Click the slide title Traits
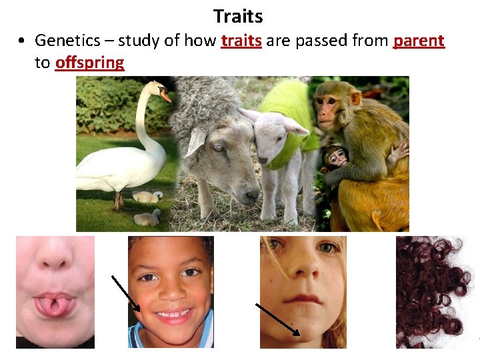pos(238,16)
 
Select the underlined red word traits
pos(241,41)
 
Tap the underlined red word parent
pos(419,41)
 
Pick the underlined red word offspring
pos(89,63)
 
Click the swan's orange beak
pos(165,96)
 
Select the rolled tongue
pos(53,303)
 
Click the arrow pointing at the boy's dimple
pos(126,293)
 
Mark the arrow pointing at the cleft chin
pos(277,320)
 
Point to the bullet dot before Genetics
pos(23,41)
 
